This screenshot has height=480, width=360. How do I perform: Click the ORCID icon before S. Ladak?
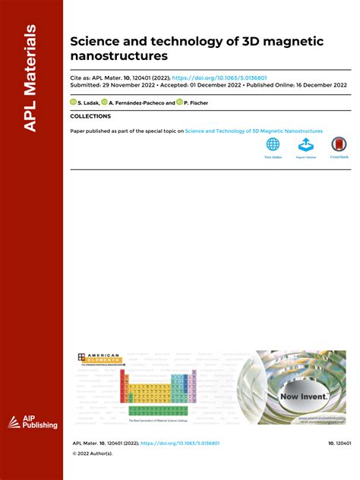coord(74,101)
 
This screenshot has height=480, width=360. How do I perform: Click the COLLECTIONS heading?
coord(90,116)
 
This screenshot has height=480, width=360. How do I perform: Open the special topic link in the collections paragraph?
coord(254,131)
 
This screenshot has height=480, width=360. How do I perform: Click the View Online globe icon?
coord(273,144)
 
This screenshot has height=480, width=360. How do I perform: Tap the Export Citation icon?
coord(305,144)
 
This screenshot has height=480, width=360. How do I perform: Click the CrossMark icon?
coord(339,144)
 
